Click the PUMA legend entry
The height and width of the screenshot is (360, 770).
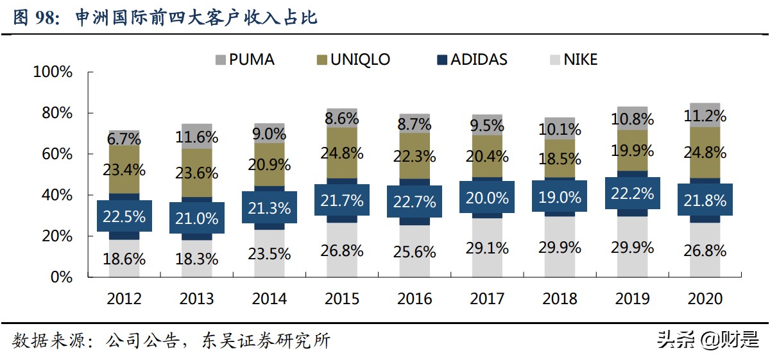click(x=244, y=60)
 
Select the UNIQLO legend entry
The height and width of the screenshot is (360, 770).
click(x=354, y=60)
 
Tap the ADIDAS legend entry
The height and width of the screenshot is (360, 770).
click(x=472, y=60)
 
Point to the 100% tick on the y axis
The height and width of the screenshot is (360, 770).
click(x=53, y=72)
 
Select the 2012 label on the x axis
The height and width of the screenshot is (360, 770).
click(x=124, y=299)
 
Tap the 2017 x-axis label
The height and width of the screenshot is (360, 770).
click(x=487, y=299)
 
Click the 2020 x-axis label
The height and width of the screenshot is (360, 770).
click(x=705, y=299)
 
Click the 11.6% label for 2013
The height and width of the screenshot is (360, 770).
click(x=197, y=137)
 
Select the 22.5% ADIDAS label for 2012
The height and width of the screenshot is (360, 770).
click(x=124, y=216)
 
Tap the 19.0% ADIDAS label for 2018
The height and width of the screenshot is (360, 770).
click(x=560, y=196)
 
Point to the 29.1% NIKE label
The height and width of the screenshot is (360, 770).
click(x=487, y=247)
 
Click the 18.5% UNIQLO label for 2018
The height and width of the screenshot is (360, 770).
click(x=560, y=159)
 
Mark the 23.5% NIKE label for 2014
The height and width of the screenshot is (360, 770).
click(x=269, y=253)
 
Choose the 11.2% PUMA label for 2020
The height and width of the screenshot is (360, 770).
click(x=705, y=116)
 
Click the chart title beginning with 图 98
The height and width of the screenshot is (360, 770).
click(x=165, y=17)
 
